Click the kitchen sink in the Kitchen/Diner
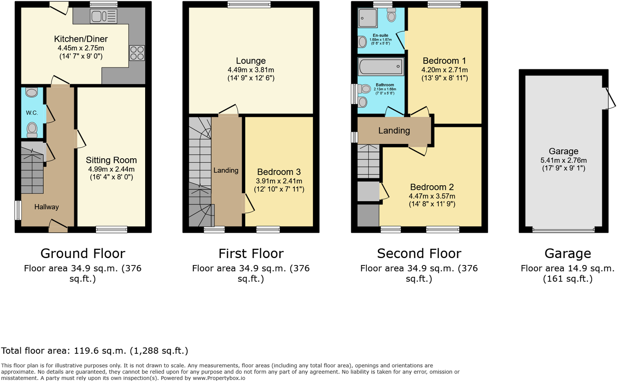tap(104, 16)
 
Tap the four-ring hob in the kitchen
tap(137, 53)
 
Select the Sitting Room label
tap(111, 160)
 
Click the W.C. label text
tap(32, 113)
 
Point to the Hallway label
tap(47, 207)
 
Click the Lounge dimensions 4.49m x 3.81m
tap(251, 70)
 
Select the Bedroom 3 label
tap(279, 172)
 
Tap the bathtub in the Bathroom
tap(381, 66)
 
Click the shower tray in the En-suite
tap(368, 18)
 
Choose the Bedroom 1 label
tap(444, 61)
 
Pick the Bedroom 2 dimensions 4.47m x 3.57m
tap(432, 196)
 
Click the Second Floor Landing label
tap(394, 131)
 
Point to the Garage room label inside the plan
tap(563, 151)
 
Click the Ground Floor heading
tap(83, 254)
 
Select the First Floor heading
tap(251, 254)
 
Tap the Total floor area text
tap(94, 351)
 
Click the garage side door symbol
tap(609, 99)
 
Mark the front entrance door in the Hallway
tap(58, 225)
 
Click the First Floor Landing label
tap(226, 171)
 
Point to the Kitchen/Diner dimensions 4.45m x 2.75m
tap(81, 48)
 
